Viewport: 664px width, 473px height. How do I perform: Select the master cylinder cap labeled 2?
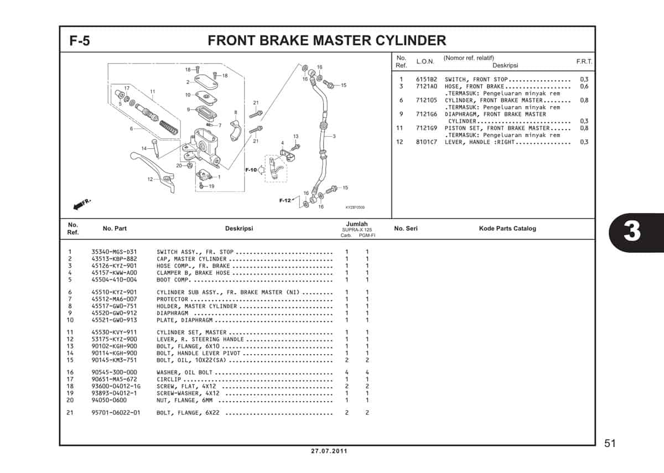pyautogui.click(x=206, y=81)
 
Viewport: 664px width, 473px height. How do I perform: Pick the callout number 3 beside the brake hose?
pyautogui.click(x=334, y=136)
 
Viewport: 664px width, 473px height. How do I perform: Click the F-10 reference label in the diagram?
pyautogui.click(x=251, y=170)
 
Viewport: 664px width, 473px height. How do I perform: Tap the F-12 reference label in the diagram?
pyautogui.click(x=285, y=200)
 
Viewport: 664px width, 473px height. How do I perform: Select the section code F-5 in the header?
pyautogui.click(x=80, y=41)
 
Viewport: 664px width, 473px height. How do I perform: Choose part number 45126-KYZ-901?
pyautogui.click(x=114, y=266)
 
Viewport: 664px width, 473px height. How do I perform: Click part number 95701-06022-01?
pyautogui.click(x=116, y=413)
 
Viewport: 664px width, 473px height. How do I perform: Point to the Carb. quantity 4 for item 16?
pyautogui.click(x=346, y=372)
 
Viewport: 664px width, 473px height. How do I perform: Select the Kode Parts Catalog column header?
pyautogui.click(x=507, y=228)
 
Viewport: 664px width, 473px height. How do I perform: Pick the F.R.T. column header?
pyautogui.click(x=584, y=62)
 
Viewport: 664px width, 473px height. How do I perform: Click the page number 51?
pyautogui.click(x=609, y=443)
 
